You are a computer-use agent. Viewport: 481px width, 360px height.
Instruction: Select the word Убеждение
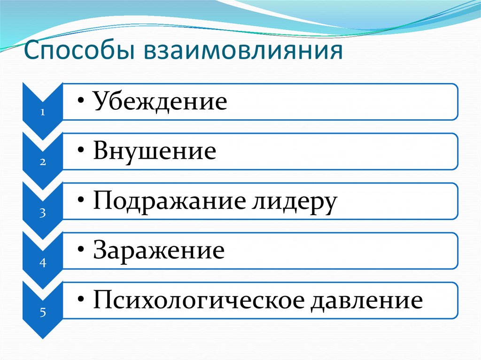(x=160, y=101)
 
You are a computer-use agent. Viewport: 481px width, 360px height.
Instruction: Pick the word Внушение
(x=155, y=151)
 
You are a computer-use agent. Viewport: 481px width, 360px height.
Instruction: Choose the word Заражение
(x=158, y=251)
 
